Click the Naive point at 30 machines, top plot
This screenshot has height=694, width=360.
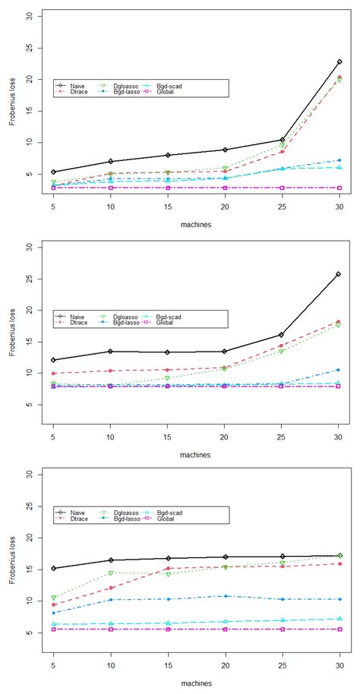339,62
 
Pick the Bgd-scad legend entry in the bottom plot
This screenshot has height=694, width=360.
166,513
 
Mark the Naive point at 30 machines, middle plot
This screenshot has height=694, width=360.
339,274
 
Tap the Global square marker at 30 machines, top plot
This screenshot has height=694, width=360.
339,188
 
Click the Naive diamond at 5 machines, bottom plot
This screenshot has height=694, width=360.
52,568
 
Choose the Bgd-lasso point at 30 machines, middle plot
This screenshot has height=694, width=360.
339,370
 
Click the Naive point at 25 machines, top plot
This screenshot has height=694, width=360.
282,140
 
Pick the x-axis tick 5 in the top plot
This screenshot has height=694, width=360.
52,206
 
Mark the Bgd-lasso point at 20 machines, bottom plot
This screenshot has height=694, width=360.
225,596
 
